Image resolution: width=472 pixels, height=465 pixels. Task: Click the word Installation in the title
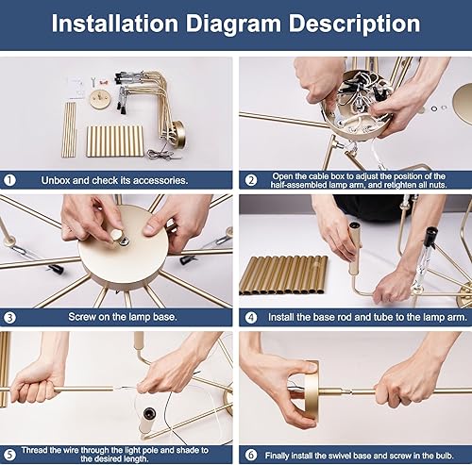coord(115,24)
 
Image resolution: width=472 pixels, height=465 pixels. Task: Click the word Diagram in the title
coord(233,24)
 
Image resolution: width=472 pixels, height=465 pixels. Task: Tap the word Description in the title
coord(355,24)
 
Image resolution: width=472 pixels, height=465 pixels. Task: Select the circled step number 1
coord(9,180)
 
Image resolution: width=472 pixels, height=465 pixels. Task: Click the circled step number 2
coord(251,180)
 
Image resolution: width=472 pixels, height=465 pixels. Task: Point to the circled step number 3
coord(9,317)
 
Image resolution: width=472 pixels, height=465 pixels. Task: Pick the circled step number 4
coord(251,317)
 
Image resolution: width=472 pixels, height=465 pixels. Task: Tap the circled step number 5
coord(9,455)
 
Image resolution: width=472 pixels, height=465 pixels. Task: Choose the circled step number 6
coord(251,455)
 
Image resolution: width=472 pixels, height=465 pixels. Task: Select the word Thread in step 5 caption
coord(34,450)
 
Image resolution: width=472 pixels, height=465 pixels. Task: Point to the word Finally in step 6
coord(278,456)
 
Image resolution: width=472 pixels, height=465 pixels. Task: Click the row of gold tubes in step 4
coord(283,275)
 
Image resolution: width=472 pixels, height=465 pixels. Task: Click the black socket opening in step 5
coord(148,412)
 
